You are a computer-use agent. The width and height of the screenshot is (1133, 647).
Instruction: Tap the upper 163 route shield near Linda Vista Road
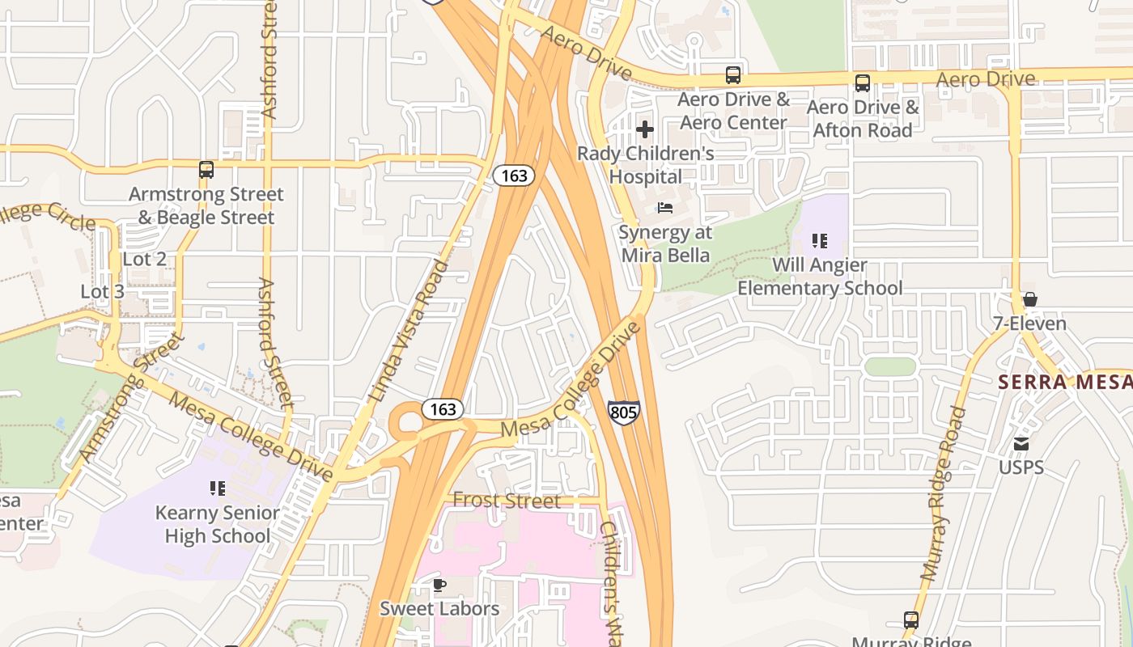(514, 175)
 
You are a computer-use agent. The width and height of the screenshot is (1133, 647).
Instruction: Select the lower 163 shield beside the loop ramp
(443, 409)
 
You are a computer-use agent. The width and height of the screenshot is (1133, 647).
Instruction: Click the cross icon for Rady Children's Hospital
(645, 129)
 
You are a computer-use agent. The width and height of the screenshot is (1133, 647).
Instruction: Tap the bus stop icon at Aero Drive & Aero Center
(733, 75)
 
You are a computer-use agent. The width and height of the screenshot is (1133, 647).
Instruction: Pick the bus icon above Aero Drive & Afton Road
(863, 82)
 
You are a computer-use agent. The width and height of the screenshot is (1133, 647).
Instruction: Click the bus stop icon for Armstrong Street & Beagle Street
(206, 170)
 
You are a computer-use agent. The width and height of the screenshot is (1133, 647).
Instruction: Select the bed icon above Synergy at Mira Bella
(665, 208)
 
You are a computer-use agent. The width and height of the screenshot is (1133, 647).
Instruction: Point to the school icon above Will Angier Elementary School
(820, 240)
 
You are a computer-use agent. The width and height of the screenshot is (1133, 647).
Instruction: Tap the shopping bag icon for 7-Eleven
(1030, 299)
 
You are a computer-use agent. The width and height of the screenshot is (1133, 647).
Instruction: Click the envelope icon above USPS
(1021, 443)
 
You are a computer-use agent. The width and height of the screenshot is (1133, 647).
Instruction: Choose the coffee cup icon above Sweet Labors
(439, 584)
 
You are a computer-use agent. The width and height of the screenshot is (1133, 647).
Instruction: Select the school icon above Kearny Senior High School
(217, 488)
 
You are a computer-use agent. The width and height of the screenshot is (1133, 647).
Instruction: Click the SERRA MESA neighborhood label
(1064, 382)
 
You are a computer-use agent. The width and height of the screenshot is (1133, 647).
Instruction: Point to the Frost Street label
(506, 501)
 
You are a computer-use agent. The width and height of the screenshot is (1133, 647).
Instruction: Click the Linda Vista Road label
(409, 332)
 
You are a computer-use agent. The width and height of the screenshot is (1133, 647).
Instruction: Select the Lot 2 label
(144, 259)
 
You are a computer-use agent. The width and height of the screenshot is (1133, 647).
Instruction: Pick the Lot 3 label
(102, 291)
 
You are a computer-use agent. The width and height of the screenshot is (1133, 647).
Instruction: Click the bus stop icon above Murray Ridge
(911, 620)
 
